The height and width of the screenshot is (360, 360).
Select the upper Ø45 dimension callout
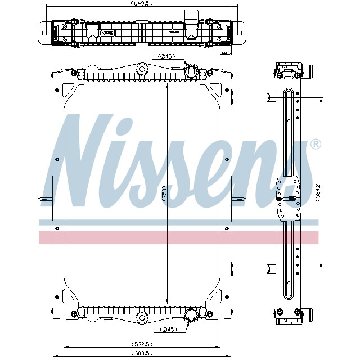167,56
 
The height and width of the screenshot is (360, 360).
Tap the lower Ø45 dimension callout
168,329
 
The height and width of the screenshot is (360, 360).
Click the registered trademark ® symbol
316,145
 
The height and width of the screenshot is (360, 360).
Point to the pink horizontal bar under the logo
179,237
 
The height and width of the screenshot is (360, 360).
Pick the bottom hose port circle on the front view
191,315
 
